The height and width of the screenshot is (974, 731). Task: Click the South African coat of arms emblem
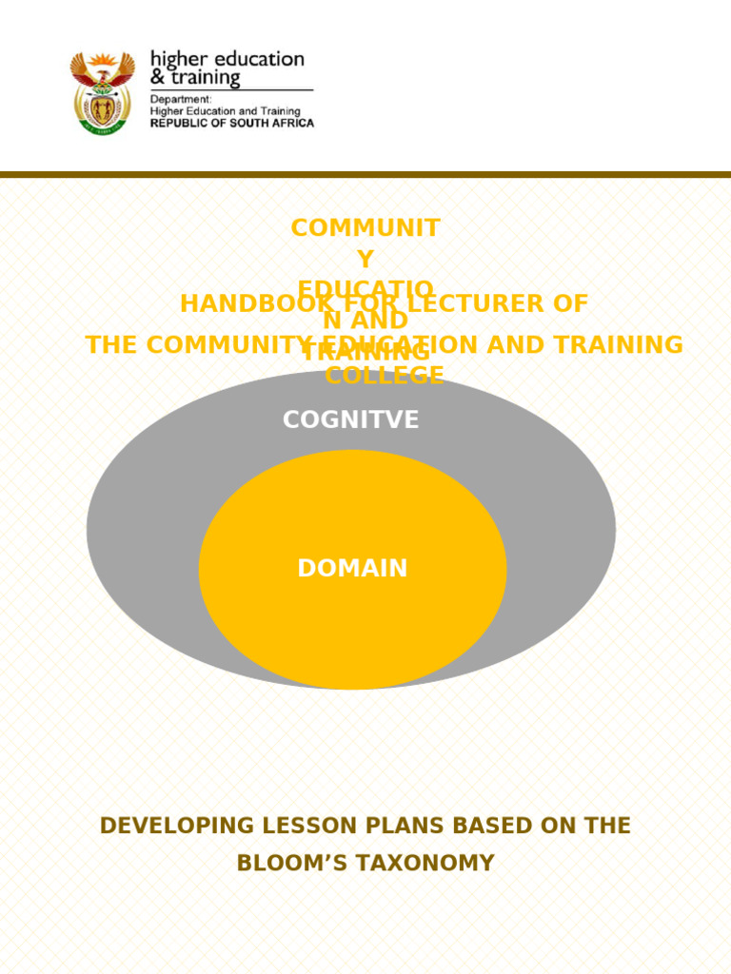coord(102,92)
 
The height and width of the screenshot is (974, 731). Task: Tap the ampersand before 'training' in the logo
coord(157,78)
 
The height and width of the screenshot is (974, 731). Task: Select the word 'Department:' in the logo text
coord(181,98)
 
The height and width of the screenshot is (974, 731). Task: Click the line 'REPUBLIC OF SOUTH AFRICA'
coord(231,123)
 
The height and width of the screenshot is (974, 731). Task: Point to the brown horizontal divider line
coord(365,175)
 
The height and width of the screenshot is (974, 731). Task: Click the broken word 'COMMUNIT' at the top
coord(365,228)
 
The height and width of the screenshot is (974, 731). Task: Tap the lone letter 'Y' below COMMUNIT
coord(365,259)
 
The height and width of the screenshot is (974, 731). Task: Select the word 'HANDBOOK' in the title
coord(243,304)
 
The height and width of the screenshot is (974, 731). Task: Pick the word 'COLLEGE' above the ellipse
coord(385,376)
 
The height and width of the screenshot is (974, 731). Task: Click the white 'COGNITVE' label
coord(350,419)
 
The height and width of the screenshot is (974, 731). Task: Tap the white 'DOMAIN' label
coord(352,569)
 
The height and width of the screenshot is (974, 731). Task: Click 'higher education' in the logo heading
coord(227,59)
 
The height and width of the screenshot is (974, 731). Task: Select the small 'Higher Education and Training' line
coord(225,110)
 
